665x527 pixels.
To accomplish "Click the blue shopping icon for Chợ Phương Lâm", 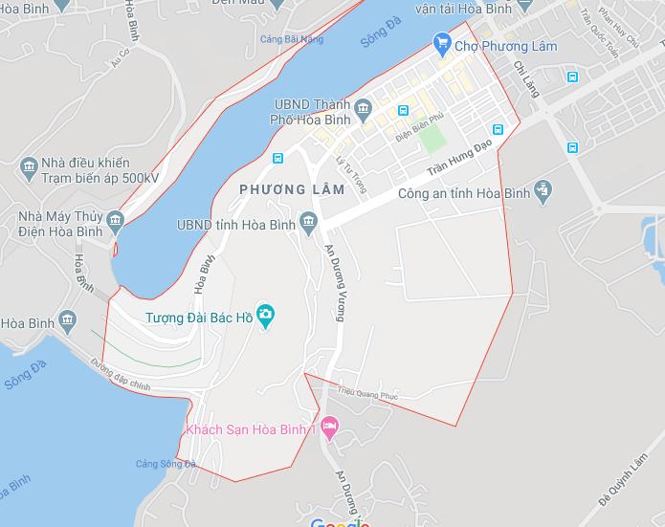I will tap(441, 42).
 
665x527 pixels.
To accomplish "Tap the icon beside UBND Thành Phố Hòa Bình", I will tap(364, 111).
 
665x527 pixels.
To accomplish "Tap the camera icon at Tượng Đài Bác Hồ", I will tap(265, 315).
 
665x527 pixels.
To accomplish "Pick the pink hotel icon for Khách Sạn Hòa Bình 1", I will tap(330, 428).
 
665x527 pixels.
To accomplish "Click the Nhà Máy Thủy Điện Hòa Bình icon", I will tap(116, 224).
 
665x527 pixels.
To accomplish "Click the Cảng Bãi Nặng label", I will tap(292, 39).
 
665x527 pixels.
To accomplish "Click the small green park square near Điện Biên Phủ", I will tap(432, 139).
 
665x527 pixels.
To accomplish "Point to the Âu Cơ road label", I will tap(119, 59).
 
